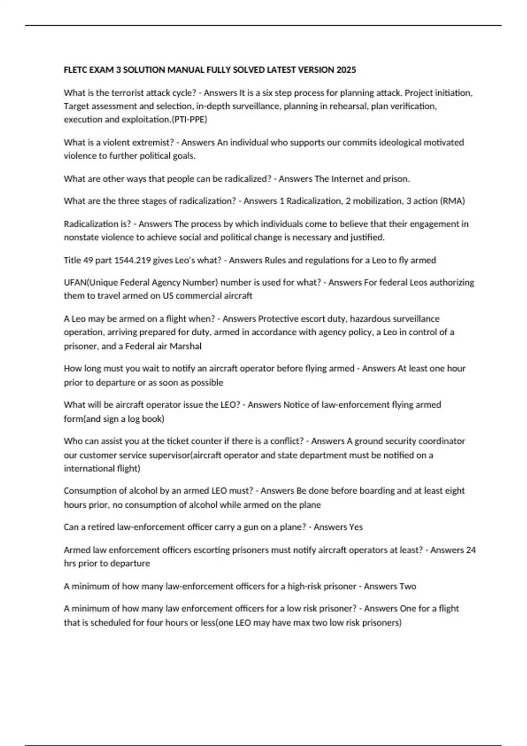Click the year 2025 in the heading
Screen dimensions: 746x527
pos(346,70)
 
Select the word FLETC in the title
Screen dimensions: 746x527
pos(76,70)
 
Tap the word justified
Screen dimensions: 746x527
pos(367,237)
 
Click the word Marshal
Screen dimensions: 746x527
pos(185,346)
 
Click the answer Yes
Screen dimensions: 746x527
pos(356,527)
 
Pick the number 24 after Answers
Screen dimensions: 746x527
pos(471,550)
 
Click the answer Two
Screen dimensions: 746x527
pos(408,586)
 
